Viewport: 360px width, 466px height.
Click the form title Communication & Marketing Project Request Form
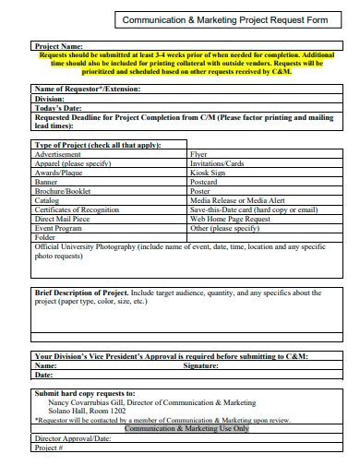[212, 18]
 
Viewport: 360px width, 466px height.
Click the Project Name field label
[58, 45]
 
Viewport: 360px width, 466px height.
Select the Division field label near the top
[50, 98]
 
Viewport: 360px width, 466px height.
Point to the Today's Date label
[58, 107]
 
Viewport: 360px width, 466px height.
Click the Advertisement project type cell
[58, 154]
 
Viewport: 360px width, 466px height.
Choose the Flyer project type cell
[198, 154]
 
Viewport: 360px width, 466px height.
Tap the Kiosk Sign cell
[209, 171]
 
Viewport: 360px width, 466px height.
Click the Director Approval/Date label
[72, 438]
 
